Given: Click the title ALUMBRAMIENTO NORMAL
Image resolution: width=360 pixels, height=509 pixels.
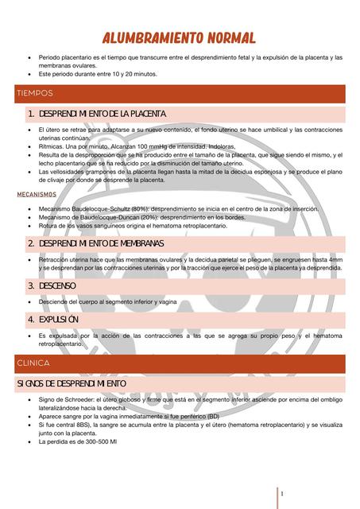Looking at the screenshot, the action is [x=179, y=37].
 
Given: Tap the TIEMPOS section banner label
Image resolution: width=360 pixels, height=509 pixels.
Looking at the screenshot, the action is [x=35, y=94].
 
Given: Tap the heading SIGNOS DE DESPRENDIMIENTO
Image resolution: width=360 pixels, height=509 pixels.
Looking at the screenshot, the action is [x=72, y=384].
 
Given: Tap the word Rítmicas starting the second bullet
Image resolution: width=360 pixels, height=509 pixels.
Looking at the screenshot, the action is [x=52, y=146].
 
